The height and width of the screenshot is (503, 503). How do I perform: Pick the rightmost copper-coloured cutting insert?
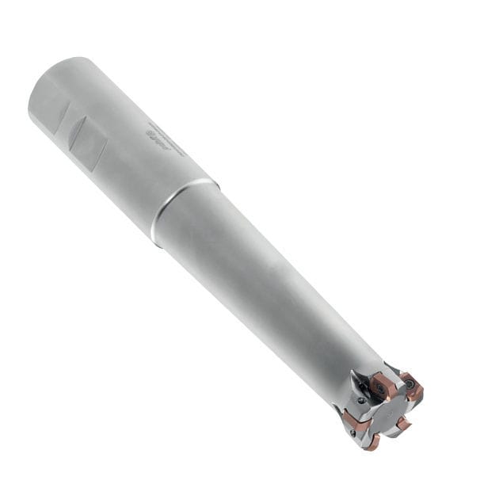point(412,388)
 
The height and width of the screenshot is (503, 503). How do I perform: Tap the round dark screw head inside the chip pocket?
point(361,400)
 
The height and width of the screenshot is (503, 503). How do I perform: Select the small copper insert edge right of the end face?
point(403,424)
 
